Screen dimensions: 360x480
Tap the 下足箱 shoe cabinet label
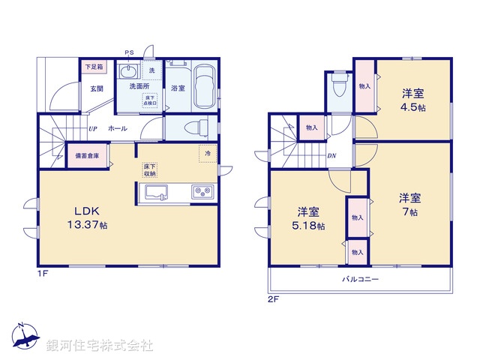94,67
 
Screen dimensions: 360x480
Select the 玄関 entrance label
97,88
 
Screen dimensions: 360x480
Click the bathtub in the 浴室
205,86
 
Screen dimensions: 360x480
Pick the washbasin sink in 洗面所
128,73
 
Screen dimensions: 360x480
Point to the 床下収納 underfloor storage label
150,169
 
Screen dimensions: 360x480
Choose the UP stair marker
92,128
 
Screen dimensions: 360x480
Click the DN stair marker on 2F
331,156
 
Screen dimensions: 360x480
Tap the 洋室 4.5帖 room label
413,100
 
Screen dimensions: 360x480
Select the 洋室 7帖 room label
409,205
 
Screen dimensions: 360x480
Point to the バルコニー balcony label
361,279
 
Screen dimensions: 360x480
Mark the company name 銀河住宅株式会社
100,346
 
